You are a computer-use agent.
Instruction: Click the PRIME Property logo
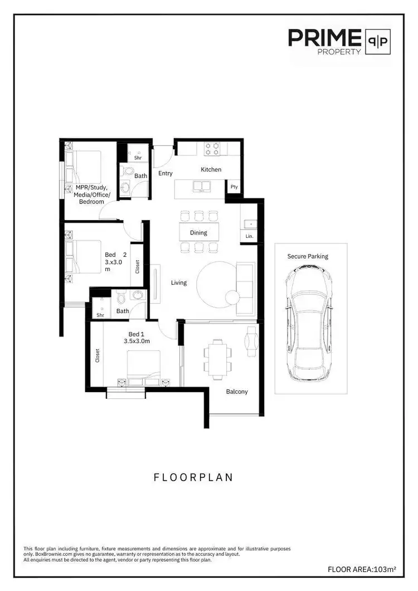pyautogui.click(x=339, y=41)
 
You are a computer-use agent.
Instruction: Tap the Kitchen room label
pyautogui.click(x=211, y=169)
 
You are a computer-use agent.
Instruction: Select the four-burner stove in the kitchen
pyautogui.click(x=212, y=148)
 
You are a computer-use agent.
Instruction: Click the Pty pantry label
pyautogui.click(x=234, y=187)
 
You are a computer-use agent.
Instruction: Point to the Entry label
pyautogui.click(x=166, y=174)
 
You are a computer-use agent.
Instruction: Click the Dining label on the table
pyautogui.click(x=198, y=233)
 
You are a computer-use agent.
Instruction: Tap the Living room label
pyautogui.click(x=178, y=283)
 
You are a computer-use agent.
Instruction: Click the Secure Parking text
pyautogui.click(x=308, y=256)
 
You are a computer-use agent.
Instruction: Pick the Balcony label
pyautogui.click(x=237, y=392)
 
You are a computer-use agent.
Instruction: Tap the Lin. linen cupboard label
pyautogui.click(x=249, y=237)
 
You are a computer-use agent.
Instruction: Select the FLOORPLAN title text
pyautogui.click(x=193, y=478)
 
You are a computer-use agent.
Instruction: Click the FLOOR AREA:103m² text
pyautogui.click(x=362, y=569)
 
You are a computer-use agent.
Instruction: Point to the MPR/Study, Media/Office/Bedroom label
pyautogui.click(x=93, y=194)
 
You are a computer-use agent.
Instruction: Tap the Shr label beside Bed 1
pyautogui.click(x=100, y=315)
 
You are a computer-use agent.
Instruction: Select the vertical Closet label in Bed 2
pyautogui.click(x=138, y=266)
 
